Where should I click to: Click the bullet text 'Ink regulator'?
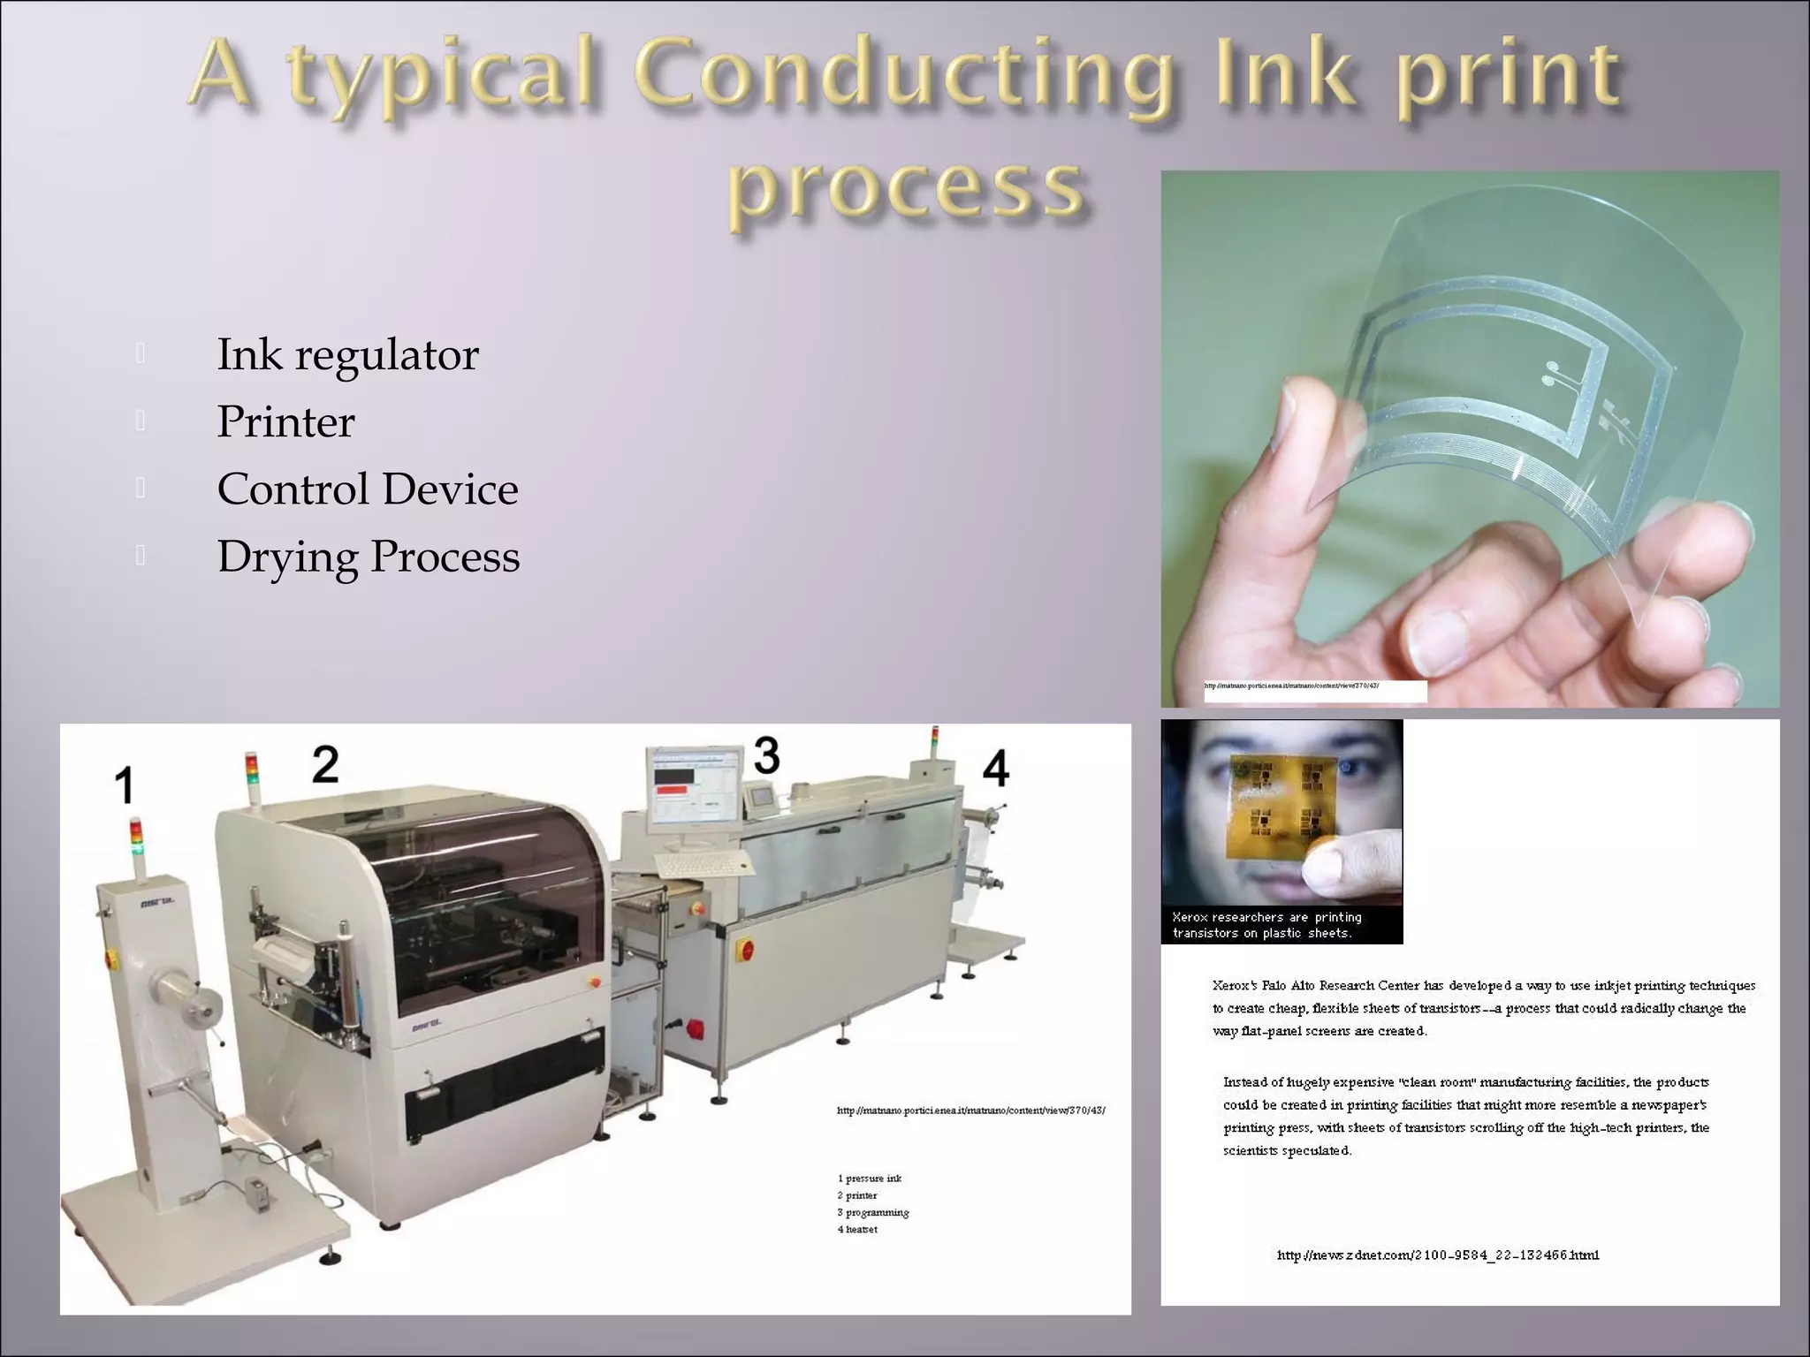(x=347, y=355)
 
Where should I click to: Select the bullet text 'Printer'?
(x=285, y=422)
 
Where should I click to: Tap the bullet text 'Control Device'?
(x=368, y=489)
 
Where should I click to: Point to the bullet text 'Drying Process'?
(x=369, y=557)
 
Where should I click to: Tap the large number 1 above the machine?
(x=125, y=785)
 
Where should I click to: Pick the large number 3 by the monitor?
(x=766, y=755)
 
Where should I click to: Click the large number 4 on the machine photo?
(x=996, y=768)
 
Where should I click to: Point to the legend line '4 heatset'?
(x=857, y=1230)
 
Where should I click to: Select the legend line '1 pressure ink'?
(x=870, y=1179)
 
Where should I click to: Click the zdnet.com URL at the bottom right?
(x=1438, y=1255)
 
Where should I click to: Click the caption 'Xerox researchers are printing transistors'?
(x=1266, y=925)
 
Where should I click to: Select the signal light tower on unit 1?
(x=135, y=838)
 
